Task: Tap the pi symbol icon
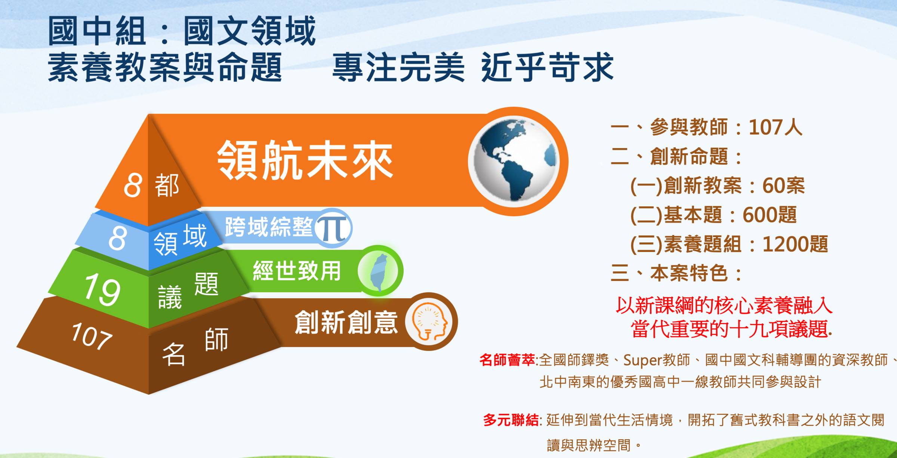tap(333, 228)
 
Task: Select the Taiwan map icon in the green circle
tap(379, 271)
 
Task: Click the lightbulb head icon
tap(429, 322)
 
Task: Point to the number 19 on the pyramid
tap(102, 290)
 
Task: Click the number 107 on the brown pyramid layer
tap(92, 336)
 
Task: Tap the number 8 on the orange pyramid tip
tap(133, 185)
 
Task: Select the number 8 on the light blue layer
tap(117, 239)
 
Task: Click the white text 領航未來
tap(305, 160)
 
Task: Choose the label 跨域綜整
tap(269, 227)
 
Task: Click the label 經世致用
tap(297, 271)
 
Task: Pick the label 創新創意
tap(346, 322)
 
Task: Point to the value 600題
tap(770, 215)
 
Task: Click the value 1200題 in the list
tap(795, 244)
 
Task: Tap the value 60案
tap(783, 185)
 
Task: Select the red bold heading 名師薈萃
tap(507, 360)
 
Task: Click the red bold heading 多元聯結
tap(511, 420)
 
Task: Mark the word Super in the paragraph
tap(642, 360)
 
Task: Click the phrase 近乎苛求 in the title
tap(547, 67)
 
